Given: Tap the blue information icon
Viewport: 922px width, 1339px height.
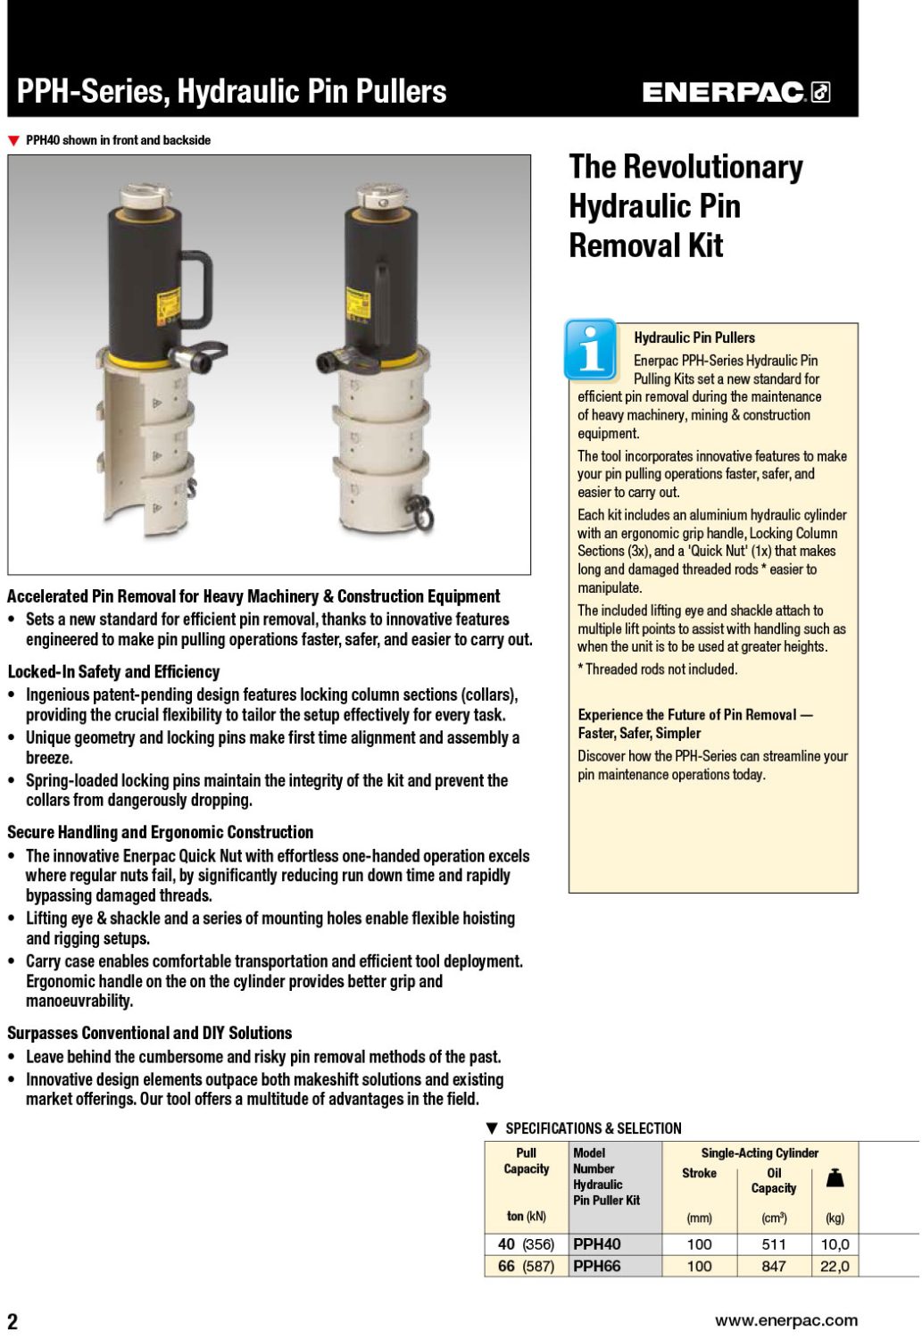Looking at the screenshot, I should click(590, 349).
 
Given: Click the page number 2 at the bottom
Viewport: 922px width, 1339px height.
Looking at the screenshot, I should click(12, 1321).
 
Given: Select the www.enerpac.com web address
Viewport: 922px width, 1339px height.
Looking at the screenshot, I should click(785, 1320).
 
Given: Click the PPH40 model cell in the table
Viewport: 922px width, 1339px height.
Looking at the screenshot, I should click(597, 1244).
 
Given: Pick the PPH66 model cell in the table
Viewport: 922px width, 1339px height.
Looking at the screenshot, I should click(597, 1266).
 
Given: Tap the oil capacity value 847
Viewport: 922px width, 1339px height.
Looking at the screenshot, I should click(773, 1266).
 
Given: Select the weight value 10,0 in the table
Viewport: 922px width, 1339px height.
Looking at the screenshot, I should click(835, 1244).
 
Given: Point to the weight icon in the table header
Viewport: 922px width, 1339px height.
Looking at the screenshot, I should click(835, 1178).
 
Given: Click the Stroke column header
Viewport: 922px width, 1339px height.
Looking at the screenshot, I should click(699, 1173).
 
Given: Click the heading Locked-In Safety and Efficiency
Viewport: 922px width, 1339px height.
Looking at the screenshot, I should click(113, 671).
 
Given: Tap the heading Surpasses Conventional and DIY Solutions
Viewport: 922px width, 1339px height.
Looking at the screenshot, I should click(149, 1033).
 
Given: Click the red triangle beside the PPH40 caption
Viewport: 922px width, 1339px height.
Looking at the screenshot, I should click(13, 141).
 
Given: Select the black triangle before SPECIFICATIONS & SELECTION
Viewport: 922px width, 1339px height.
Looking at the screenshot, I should click(492, 1128).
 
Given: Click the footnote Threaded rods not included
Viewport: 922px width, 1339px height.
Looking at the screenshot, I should click(657, 669).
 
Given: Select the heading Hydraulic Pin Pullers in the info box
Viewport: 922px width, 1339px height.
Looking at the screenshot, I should click(694, 337).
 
